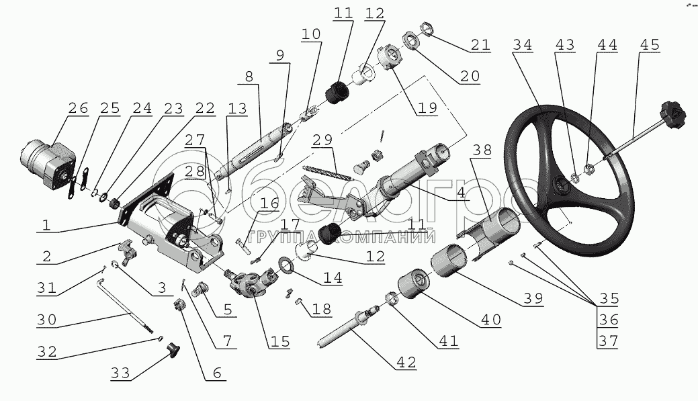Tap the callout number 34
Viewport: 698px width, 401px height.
coord(523,45)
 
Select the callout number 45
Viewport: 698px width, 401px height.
coord(649,45)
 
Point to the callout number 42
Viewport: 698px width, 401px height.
coord(406,363)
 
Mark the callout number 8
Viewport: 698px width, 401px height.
coord(249,77)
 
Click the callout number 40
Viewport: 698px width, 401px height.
coord(490,320)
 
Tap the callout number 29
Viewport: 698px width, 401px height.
coord(322,140)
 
